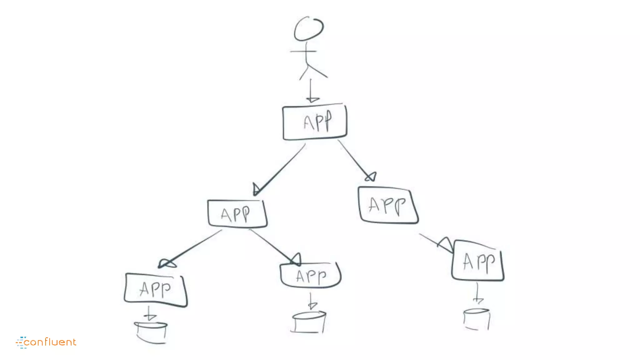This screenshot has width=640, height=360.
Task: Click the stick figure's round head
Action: (x=309, y=29)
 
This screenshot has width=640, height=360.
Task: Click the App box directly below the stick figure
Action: (x=315, y=122)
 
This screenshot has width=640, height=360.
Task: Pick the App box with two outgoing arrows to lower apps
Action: (x=237, y=214)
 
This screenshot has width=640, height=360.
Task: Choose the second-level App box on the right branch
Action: (x=388, y=206)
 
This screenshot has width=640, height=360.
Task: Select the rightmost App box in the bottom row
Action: (x=478, y=261)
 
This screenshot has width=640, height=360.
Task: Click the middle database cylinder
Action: (x=309, y=322)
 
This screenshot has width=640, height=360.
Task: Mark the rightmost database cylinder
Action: (x=477, y=319)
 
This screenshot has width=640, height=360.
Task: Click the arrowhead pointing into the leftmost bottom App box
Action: (x=167, y=264)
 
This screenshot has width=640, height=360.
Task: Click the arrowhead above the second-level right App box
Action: (x=371, y=177)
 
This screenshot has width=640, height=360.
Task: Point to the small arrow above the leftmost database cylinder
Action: (x=150, y=314)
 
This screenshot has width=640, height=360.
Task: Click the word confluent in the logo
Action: (x=50, y=342)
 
